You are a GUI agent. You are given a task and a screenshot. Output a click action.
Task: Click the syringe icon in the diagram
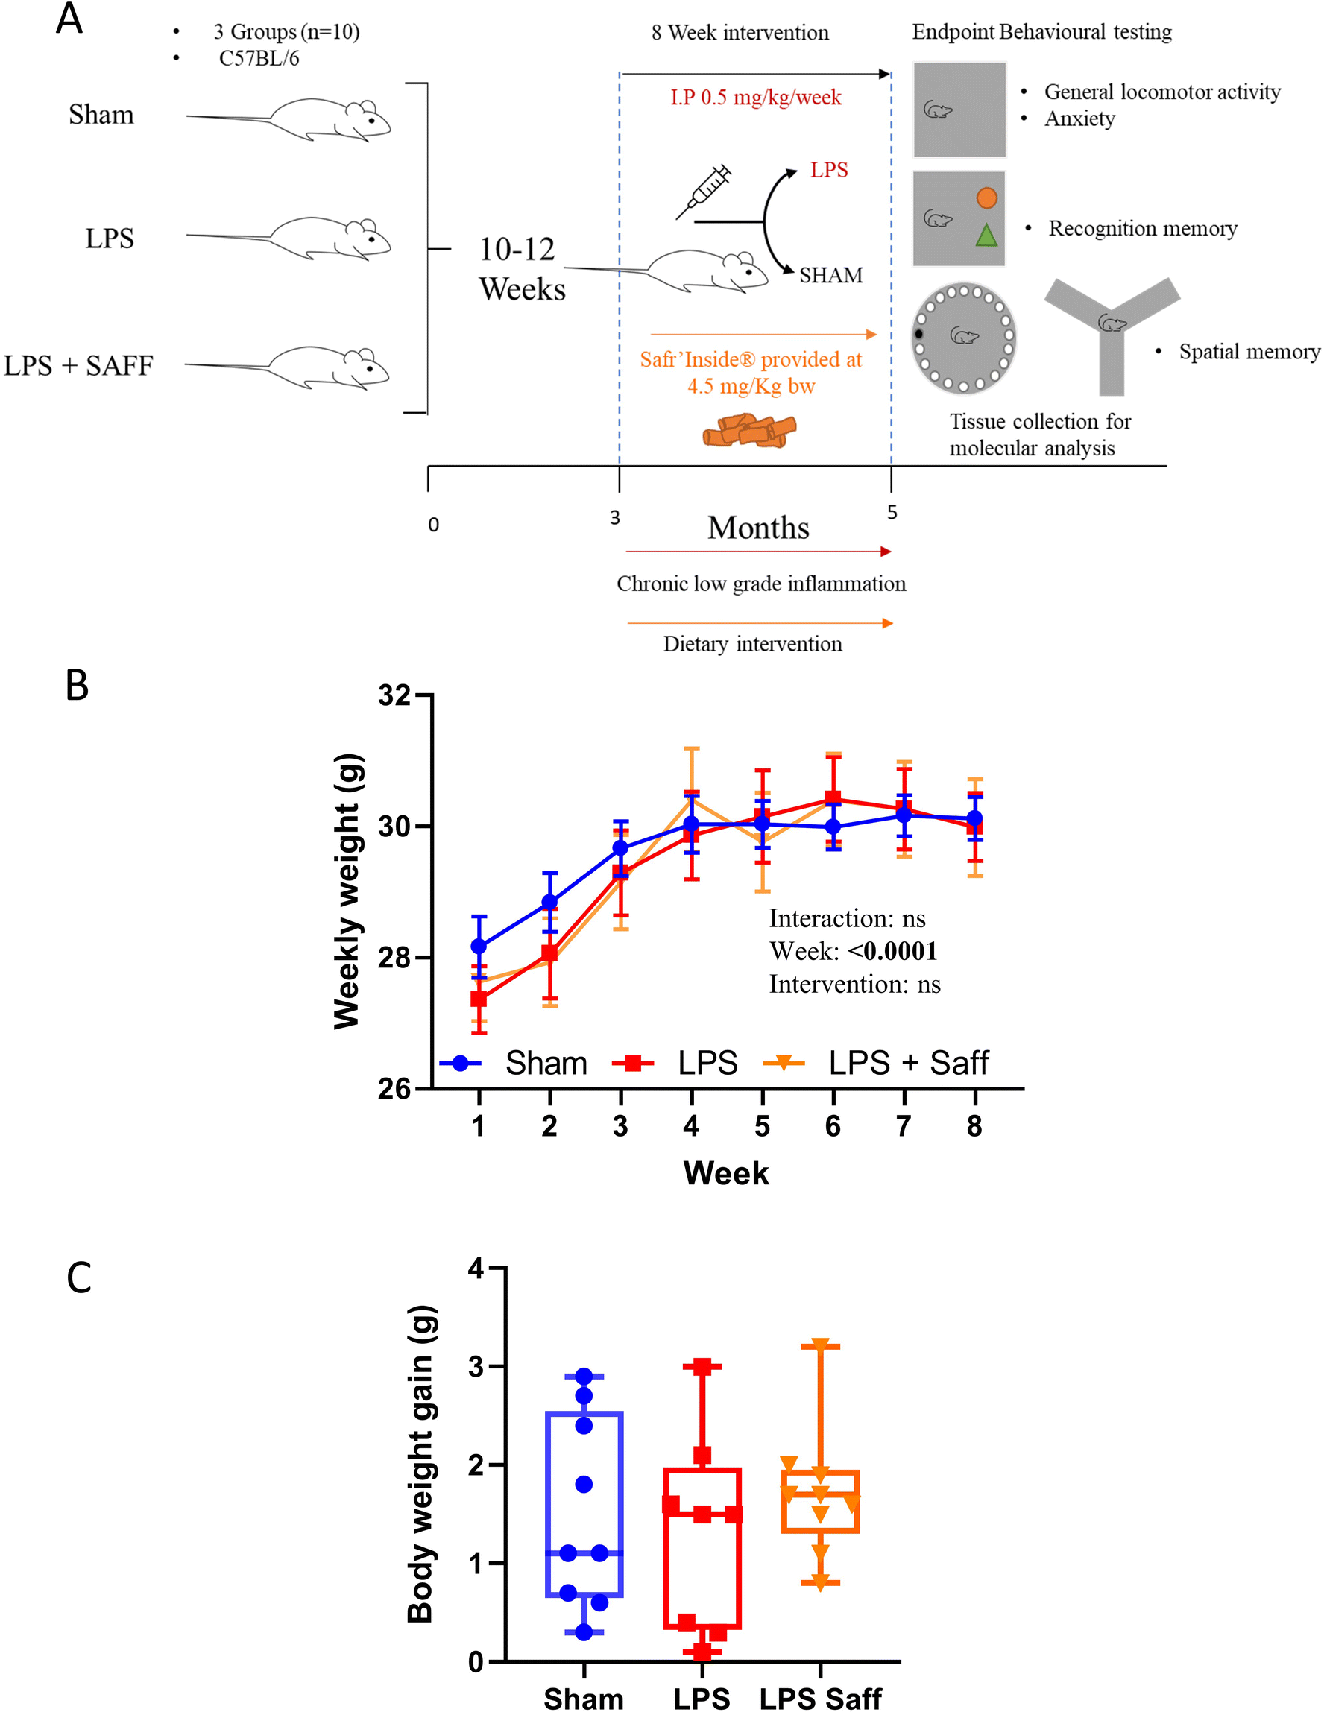(703, 192)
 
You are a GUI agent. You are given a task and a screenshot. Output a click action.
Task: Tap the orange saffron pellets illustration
(748, 430)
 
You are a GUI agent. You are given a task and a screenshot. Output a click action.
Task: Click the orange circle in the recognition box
(986, 198)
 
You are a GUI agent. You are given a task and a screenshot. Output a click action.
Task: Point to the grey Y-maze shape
(1112, 329)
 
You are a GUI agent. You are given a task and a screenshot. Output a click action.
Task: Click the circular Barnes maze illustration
(962, 338)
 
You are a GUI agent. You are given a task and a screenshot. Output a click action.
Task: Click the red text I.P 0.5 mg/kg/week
(755, 97)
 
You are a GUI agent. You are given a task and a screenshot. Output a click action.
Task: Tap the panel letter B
(77, 685)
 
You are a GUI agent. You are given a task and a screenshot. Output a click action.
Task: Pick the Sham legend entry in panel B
(514, 1063)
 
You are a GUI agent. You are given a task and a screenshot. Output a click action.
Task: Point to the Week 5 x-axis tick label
(761, 1126)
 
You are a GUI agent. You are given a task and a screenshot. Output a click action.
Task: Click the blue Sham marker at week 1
(478, 946)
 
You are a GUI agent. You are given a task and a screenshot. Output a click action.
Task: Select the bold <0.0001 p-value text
(892, 951)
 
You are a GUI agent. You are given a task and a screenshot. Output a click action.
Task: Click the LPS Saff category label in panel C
(820, 1699)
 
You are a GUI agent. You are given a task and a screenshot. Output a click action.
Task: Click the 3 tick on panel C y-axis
(476, 1367)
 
